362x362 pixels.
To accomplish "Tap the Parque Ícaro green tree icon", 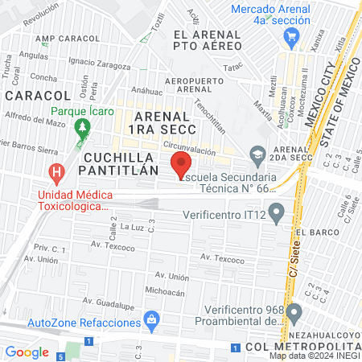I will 80,127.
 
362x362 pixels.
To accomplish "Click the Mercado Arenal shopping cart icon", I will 291,35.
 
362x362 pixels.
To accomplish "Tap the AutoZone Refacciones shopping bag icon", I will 150,320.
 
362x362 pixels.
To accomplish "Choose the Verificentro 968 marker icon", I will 294,312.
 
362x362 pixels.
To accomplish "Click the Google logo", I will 27,352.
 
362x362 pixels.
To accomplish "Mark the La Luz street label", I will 130,228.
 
